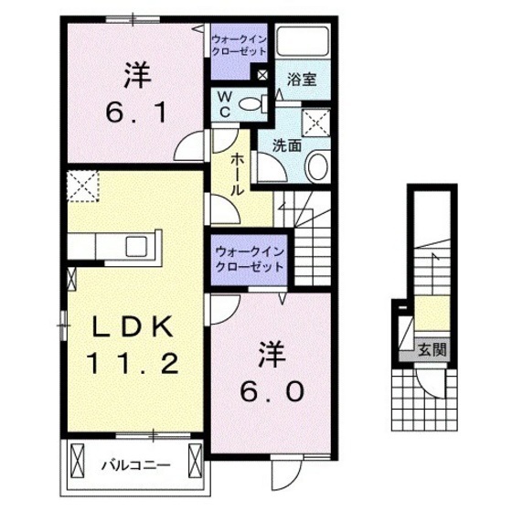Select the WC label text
(x=222, y=103)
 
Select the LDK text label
(x=133, y=325)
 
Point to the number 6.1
(x=133, y=113)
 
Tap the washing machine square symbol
(x=316, y=121)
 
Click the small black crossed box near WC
(x=263, y=76)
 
